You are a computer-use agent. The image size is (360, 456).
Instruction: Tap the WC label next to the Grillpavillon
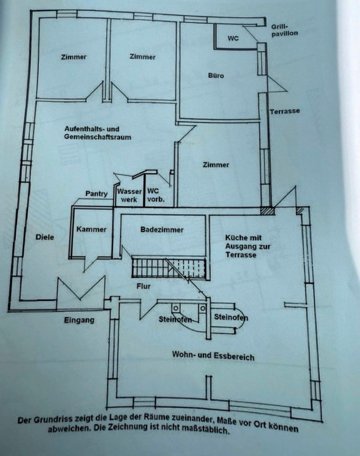tap(233, 39)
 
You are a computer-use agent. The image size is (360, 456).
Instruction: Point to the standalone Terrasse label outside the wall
tap(284, 112)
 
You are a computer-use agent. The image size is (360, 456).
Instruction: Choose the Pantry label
tap(97, 194)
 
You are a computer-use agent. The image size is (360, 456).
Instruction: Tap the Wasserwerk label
tap(129, 196)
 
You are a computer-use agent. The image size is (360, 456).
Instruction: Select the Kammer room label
tap(91, 229)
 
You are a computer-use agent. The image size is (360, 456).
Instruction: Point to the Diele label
tap(45, 237)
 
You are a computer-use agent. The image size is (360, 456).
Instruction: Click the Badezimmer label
tap(162, 230)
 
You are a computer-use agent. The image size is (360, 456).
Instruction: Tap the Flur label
tap(143, 287)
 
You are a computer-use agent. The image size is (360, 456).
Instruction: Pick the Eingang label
tap(79, 320)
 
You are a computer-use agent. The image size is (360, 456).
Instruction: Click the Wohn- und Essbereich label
tap(213, 356)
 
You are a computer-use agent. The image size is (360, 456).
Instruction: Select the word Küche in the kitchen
tap(236, 238)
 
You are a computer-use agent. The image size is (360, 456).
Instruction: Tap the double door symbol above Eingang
tap(81, 290)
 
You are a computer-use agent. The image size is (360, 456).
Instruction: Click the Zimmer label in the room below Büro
tap(216, 165)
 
